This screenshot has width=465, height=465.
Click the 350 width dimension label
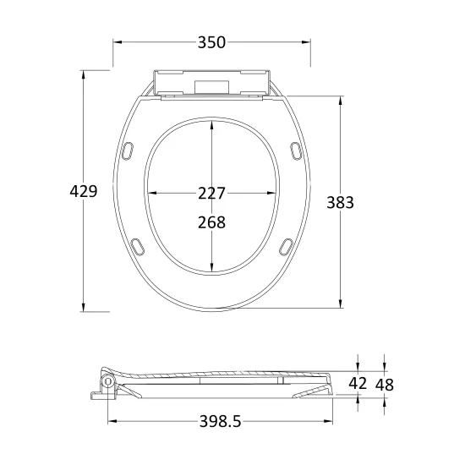[211, 42]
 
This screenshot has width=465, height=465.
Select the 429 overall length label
[84, 191]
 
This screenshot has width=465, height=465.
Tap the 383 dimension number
[340, 203]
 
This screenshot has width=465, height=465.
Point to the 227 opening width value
[211, 194]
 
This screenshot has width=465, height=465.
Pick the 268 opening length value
[211, 222]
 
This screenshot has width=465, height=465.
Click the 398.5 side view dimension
[221, 421]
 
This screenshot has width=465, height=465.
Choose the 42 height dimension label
[358, 383]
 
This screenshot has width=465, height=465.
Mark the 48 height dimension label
[385, 385]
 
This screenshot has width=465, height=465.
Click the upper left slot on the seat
[128, 151]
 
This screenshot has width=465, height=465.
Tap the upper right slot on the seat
[295, 151]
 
